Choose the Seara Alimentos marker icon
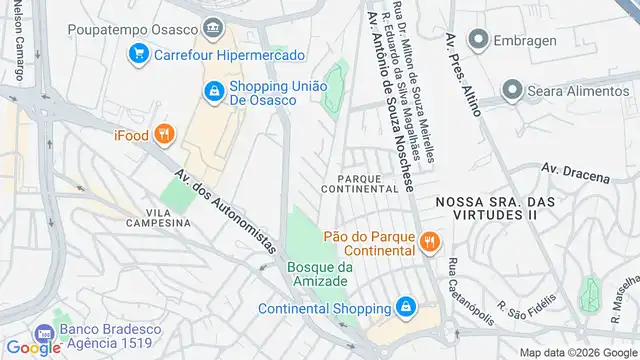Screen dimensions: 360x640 coord(513,92)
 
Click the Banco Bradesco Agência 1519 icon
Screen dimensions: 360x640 coord(43,333)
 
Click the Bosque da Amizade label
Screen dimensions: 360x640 coord(320,274)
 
